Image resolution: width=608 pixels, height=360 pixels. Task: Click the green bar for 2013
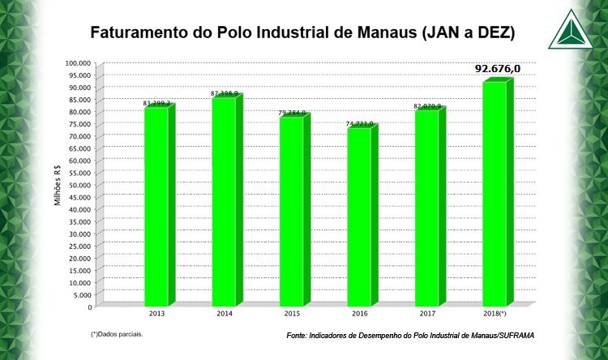coord(156,207)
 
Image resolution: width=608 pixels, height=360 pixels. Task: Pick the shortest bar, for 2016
coord(358,216)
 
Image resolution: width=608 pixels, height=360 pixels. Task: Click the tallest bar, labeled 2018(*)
coord(495,195)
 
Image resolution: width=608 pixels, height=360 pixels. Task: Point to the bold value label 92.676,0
coord(497,69)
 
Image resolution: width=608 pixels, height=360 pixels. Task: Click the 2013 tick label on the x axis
coord(158,312)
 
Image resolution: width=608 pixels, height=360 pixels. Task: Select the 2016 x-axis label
coord(360,312)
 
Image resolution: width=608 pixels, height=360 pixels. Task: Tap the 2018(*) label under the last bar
coord(495,312)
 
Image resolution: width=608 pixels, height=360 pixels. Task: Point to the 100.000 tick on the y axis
coord(79,63)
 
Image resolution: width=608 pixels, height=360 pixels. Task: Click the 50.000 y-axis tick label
coord(80,185)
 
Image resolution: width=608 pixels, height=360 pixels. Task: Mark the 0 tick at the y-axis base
coord(91,306)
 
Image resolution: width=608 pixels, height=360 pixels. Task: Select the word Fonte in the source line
coord(298,336)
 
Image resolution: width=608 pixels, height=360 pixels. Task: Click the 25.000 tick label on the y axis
coord(80,246)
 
